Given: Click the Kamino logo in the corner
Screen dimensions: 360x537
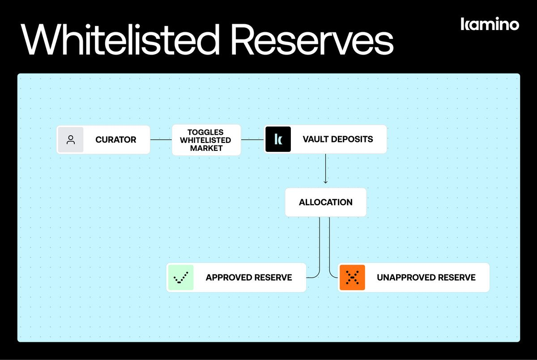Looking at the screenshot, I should tap(490, 24).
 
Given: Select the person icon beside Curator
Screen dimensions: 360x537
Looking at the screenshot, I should tap(71, 140).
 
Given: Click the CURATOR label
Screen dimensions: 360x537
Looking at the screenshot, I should tap(115, 140).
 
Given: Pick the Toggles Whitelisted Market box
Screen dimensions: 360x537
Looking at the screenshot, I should tap(206, 140).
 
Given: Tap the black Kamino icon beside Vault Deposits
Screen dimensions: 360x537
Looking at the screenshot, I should tap(278, 139).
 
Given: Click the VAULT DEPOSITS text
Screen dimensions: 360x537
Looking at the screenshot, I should tap(337, 139).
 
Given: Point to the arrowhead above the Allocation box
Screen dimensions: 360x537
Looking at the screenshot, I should tap(325, 181).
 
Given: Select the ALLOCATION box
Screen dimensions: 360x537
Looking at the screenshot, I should tap(325, 202).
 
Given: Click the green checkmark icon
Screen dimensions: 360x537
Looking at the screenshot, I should tap(181, 278).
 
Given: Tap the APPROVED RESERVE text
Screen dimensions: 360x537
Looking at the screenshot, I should tap(248, 278).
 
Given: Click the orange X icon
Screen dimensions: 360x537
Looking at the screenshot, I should tap(352, 278).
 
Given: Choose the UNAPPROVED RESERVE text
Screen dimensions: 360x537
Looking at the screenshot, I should tap(426, 278).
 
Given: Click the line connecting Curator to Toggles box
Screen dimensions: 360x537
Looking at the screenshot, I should tap(161, 140).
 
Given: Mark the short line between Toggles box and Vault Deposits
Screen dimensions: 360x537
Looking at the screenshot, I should tap(252, 140).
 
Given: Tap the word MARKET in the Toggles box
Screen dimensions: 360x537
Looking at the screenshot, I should tap(206, 148).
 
